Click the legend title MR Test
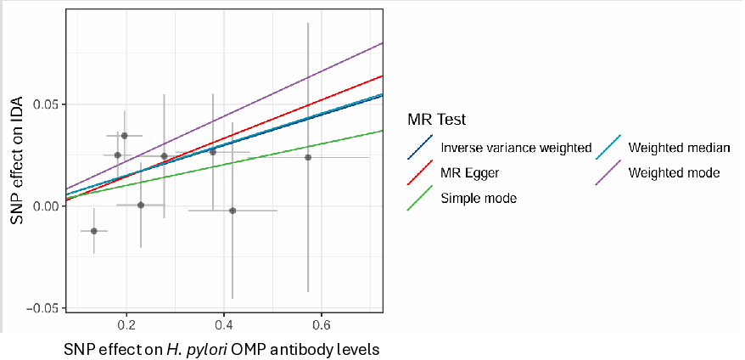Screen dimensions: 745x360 click(x=437, y=120)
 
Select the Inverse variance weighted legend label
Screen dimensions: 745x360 click(x=516, y=148)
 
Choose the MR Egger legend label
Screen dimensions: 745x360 click(x=470, y=173)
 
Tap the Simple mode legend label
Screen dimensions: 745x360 click(x=479, y=198)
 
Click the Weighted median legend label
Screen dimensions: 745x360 click(x=679, y=148)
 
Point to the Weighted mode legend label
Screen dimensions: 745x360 click(x=674, y=173)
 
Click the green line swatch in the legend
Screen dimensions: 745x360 click(x=420, y=198)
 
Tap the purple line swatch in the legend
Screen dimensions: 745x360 click(x=608, y=173)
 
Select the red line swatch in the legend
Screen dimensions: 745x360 click(x=420, y=173)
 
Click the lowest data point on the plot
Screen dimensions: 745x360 click(x=94, y=231)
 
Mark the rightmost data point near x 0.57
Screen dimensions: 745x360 click(x=308, y=157)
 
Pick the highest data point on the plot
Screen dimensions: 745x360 click(x=125, y=136)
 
